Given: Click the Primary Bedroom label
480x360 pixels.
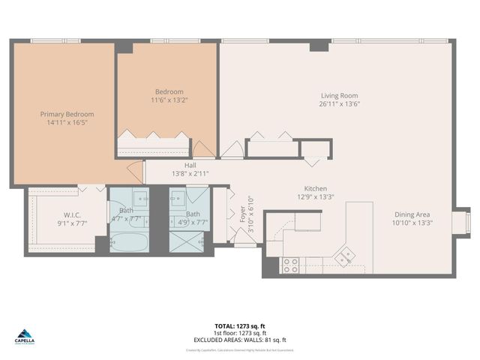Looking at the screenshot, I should tap(67, 114).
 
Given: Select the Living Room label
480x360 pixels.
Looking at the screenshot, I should tap(339, 95).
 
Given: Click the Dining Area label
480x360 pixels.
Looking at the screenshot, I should tap(412, 214).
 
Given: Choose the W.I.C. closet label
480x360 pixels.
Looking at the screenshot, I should tap(72, 214).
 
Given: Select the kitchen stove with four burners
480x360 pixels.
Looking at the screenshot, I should tap(289, 265).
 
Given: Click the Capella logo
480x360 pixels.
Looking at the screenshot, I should tap(24, 337).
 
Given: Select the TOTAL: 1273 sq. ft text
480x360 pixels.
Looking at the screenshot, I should tap(239, 326).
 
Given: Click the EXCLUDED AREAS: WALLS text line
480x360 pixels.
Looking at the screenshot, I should tap(239, 340).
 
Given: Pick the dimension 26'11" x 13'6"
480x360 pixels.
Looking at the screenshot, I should tap(339, 104).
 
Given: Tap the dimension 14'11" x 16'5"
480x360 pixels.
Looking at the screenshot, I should tap(67, 122).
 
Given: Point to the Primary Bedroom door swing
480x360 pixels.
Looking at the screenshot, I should tap(136, 172).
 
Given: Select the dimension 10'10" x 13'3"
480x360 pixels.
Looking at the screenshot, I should tap(412, 222).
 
